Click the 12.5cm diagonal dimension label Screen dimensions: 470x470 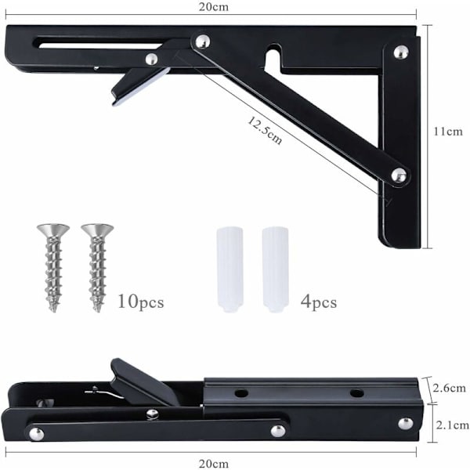(265, 130)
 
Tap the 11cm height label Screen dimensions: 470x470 (448, 132)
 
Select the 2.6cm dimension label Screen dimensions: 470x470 (450, 389)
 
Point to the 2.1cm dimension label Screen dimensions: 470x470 (452, 425)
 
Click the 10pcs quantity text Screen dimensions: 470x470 (141, 302)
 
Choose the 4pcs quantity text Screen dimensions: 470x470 (319, 302)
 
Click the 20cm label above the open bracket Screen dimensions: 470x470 (213, 7)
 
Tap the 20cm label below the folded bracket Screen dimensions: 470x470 (213, 464)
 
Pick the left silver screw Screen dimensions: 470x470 (53, 268)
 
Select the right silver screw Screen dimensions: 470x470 (97, 268)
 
